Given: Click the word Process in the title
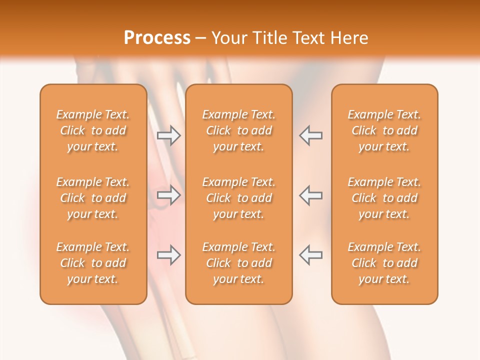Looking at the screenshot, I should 157,38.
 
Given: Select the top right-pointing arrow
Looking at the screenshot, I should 168,135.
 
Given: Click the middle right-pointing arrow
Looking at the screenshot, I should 168,195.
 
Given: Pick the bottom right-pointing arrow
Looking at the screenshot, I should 168,255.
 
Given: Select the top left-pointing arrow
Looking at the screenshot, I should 311,135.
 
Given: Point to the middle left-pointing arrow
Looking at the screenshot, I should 311,195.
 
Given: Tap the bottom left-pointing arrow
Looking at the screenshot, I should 311,255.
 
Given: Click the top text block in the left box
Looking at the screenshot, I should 93,130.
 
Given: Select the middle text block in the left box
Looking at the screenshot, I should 93,198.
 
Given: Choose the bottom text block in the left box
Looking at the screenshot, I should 93,263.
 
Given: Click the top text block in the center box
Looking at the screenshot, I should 238,130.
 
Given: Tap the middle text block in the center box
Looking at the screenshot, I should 238,198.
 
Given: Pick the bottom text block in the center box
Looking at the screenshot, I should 238,263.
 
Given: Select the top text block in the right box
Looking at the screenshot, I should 384,130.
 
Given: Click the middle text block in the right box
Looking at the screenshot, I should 384,198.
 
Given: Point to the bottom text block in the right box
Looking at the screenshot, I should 384,263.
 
